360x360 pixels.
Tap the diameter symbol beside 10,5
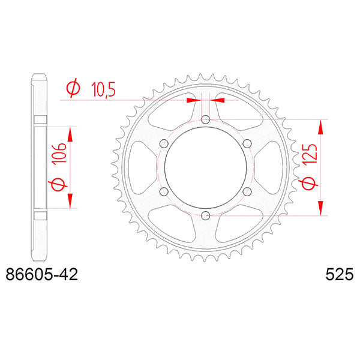tap(72, 89)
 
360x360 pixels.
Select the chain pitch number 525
tap(339, 275)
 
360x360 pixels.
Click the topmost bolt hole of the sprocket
tap(205, 120)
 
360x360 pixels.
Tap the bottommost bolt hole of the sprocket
tap(205, 215)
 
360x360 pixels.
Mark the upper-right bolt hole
tap(247, 144)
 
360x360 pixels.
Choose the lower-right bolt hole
tap(247, 191)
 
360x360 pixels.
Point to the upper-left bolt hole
tap(164, 144)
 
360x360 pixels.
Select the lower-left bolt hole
tap(164, 191)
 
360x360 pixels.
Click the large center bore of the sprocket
tap(205, 168)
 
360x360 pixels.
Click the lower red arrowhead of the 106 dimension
tap(71, 200)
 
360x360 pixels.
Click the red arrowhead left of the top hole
tap(193, 100)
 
